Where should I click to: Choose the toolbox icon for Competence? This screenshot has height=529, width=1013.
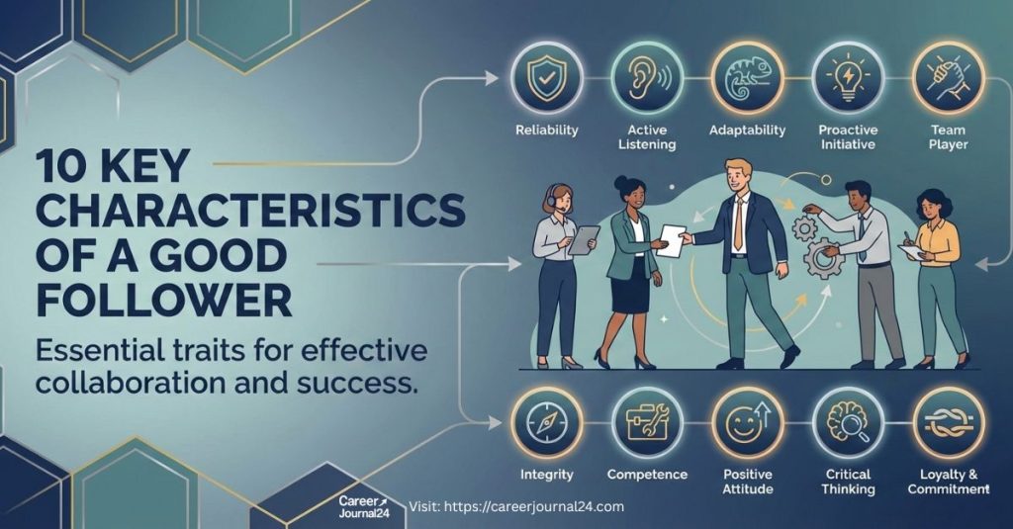click(x=646, y=422)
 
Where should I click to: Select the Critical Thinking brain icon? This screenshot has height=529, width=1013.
click(x=847, y=422)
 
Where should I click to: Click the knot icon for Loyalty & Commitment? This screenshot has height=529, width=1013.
click(x=948, y=422)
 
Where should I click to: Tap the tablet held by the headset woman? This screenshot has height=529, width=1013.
click(x=584, y=238)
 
